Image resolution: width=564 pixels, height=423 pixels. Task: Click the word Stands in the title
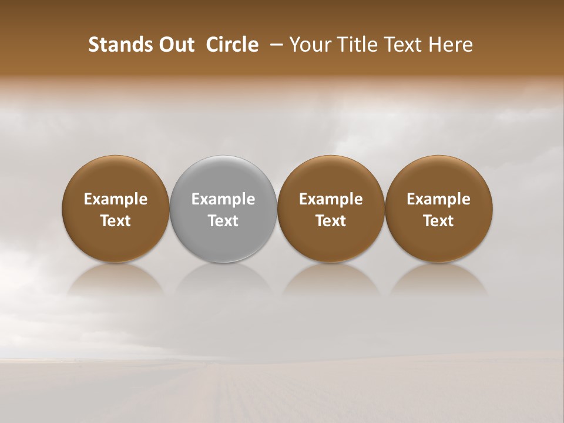116,45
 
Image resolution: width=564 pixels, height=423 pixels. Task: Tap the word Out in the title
176,45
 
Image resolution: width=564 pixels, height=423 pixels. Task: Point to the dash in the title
274,45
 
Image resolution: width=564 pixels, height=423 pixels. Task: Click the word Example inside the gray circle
223,199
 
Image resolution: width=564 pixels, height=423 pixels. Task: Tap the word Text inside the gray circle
223,221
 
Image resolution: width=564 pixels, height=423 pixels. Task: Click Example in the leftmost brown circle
116,199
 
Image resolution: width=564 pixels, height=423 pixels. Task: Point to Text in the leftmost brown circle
116,221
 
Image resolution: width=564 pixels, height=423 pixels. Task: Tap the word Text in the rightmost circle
439,221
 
